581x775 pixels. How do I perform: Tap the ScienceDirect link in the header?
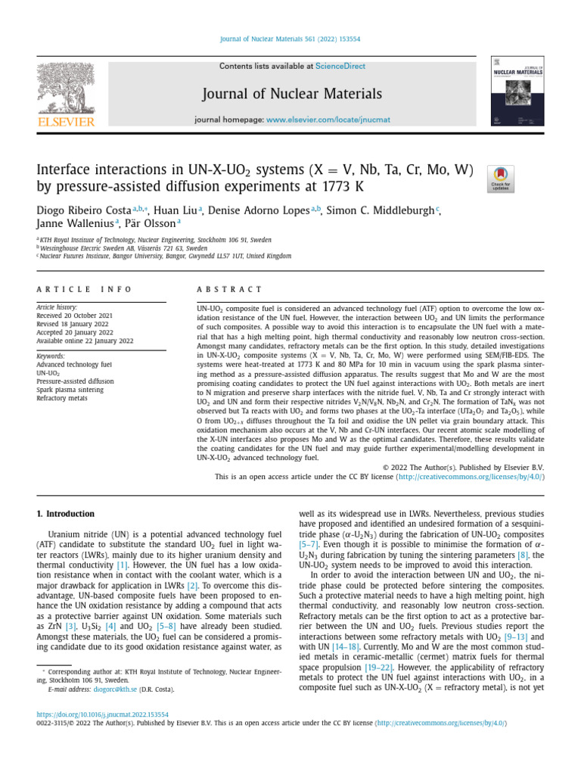point(340,67)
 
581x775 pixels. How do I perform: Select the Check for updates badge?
point(501,179)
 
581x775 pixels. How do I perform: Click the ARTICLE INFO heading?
point(84,289)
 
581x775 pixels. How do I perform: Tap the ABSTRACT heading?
point(229,289)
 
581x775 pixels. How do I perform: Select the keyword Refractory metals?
point(62,397)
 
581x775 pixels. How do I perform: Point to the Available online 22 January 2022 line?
point(85,341)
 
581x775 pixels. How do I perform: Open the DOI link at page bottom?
point(103,714)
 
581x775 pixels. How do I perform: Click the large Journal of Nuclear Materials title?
point(291,94)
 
